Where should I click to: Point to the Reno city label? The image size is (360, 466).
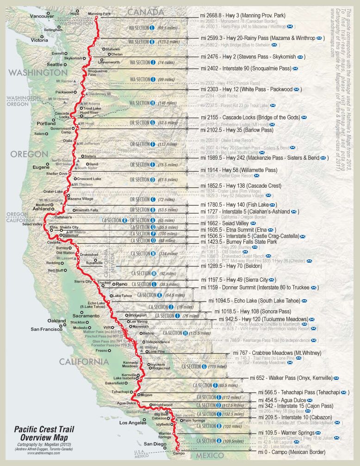[x=121, y=283]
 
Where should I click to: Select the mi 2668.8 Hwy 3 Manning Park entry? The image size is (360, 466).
[x=242, y=15]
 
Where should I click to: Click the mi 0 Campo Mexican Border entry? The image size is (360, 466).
[x=292, y=452]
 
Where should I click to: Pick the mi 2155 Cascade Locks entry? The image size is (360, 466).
[x=250, y=118]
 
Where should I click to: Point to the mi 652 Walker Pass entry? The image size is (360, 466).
[x=292, y=378]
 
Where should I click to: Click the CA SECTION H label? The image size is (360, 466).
[x=175, y=333]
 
